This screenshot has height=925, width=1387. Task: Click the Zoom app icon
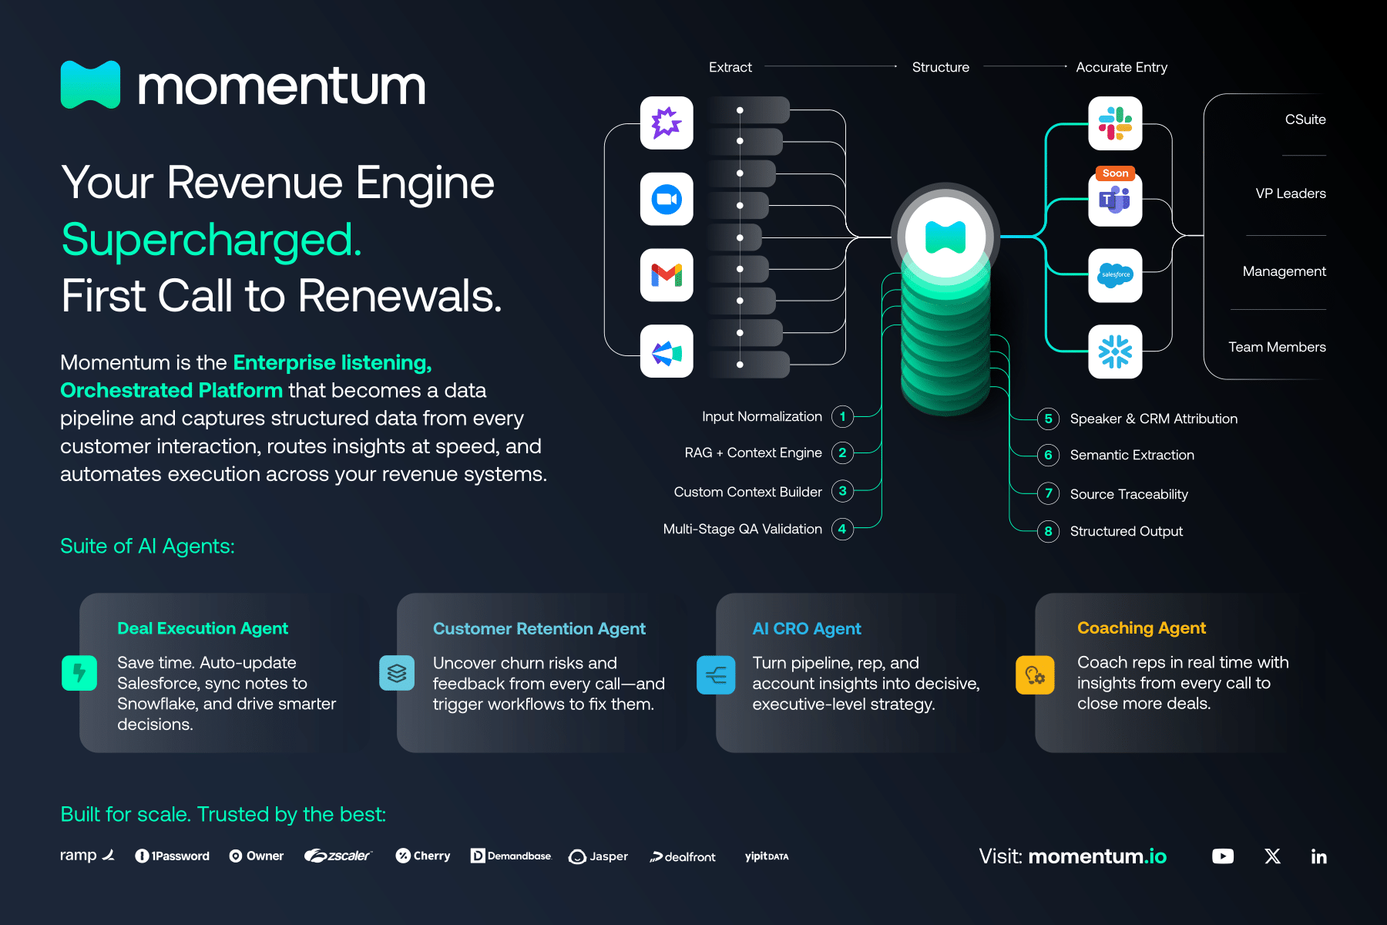point(667,200)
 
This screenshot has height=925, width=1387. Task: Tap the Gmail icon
point(667,275)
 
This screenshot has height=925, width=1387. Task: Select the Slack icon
point(1115,123)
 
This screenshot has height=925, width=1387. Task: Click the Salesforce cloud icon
point(1115,275)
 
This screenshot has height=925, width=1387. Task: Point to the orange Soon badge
point(1115,173)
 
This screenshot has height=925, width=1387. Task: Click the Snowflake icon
point(1115,351)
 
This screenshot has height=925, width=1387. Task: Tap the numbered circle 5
point(1048,419)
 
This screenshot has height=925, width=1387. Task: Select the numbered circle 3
point(842,491)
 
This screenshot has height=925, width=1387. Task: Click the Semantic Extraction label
point(1131,455)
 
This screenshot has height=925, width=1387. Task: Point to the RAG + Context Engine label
point(753,452)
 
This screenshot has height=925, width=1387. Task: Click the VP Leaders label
point(1290,193)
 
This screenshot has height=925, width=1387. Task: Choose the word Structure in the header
point(940,67)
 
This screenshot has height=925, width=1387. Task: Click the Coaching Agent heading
point(1141,628)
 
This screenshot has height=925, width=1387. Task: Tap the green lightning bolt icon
point(79,673)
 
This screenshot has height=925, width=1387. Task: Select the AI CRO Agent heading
point(806,629)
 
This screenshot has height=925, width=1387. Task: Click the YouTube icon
point(1222,856)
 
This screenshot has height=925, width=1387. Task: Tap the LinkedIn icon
point(1318,856)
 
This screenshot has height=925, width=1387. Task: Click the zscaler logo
point(338,856)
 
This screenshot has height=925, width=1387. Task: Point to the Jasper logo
point(598,856)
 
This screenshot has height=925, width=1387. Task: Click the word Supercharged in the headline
point(211,240)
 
